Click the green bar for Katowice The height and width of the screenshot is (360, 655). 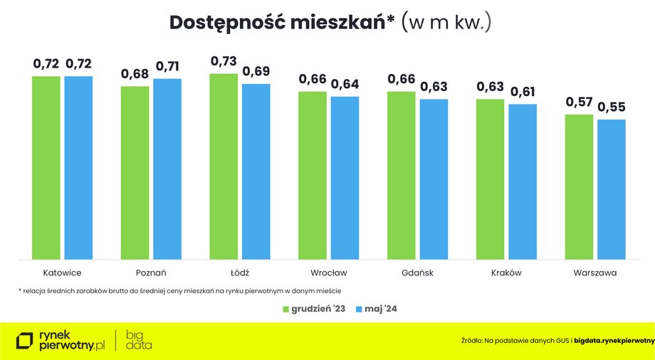click(46, 168)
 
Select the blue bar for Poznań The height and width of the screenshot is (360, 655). click(167, 169)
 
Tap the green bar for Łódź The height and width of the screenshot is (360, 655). click(224, 166)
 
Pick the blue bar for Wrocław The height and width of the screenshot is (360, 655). click(345, 178)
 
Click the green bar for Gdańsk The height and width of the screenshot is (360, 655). click(401, 176)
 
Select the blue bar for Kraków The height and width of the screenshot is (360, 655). click(523, 181)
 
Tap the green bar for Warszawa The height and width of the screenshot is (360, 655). click(579, 187)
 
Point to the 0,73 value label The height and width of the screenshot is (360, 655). click(224, 61)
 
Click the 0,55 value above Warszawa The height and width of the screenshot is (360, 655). click(612, 107)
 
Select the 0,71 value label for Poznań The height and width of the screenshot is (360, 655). click(167, 66)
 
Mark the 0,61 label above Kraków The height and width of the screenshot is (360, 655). click(523, 92)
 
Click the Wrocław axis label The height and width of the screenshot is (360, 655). click(328, 273)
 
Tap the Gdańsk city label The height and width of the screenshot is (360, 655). click(417, 273)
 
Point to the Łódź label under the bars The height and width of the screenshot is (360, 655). click(240, 273)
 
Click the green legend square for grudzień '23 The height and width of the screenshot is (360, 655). click(285, 309)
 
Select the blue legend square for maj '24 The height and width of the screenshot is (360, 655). click(358, 309)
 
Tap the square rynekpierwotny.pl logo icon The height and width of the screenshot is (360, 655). click(25, 341)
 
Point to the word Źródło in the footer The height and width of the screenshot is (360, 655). click(471, 341)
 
